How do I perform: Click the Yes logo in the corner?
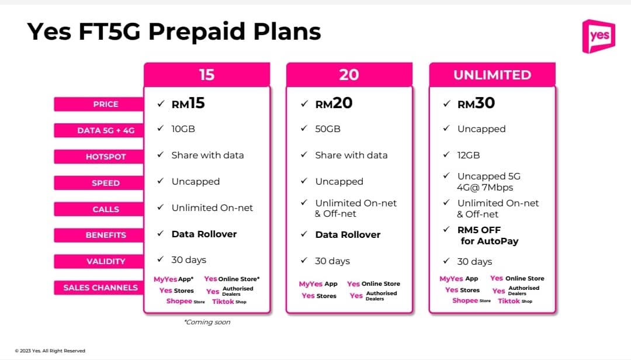598,36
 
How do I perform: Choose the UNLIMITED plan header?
492,75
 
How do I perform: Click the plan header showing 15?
207,75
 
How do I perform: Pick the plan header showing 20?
349,75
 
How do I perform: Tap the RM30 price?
476,103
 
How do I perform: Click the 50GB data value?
328,129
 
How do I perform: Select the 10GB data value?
184,129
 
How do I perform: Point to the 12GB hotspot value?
469,155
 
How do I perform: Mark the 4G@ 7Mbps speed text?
485,188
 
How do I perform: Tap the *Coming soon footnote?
207,322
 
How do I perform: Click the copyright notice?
50,351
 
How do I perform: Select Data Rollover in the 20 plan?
348,234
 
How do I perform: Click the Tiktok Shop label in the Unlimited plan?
515,301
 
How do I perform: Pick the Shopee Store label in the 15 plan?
185,302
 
